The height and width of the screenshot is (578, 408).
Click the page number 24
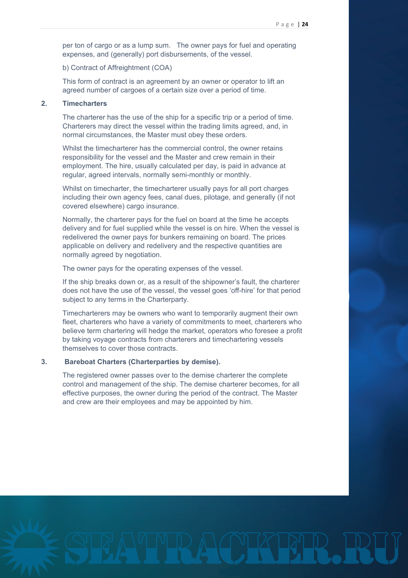click(x=305, y=24)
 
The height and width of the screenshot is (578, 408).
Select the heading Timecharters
click(x=84, y=104)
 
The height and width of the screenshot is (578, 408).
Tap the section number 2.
click(x=44, y=104)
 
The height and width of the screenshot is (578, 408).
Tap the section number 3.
click(x=44, y=362)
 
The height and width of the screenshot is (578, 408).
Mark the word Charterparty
click(x=167, y=300)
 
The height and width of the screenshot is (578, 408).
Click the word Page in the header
click(x=285, y=24)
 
